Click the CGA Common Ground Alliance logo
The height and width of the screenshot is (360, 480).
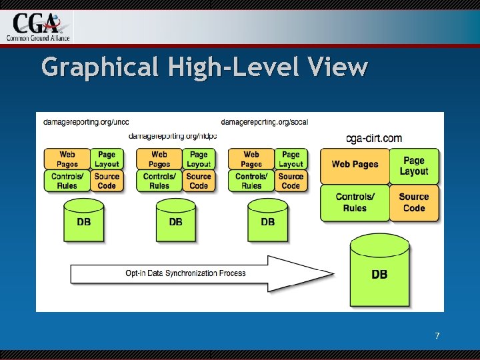pos(38,26)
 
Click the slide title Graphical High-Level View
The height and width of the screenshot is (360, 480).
pos(204,67)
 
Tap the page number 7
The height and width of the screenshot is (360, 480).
pos(437,336)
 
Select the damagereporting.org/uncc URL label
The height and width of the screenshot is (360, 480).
pos(86,122)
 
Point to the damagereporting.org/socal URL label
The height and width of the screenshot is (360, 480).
pos(264,122)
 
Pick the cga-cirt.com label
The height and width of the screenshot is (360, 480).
pos(374,139)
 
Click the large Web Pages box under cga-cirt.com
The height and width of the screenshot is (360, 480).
pos(354,165)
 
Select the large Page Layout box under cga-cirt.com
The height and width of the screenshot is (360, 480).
pos(413,166)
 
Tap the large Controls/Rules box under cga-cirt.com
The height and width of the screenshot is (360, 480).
pos(354,202)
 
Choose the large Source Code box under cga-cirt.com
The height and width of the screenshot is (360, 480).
pos(413,202)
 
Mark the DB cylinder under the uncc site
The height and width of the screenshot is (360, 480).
pos(83,221)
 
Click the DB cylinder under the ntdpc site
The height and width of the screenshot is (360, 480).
pos(175,221)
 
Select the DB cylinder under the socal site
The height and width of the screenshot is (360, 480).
pos(267,221)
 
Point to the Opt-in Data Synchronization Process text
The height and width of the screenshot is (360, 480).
pos(185,273)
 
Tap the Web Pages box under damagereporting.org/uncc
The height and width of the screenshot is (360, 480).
pos(67,159)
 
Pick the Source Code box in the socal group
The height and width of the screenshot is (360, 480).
pos(291,181)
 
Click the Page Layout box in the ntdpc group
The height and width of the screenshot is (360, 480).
pos(199,159)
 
